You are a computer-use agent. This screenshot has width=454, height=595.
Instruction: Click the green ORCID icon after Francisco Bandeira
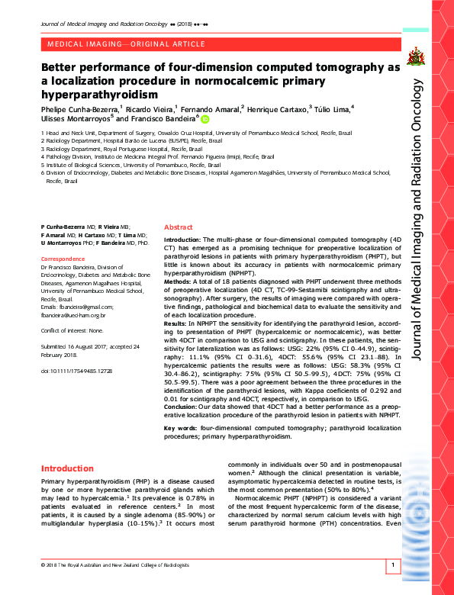(204, 119)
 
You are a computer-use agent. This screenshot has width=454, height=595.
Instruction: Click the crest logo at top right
(417, 55)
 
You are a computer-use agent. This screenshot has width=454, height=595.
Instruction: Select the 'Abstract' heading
(179, 227)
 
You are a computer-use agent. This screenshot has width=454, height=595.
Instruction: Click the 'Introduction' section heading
(67, 468)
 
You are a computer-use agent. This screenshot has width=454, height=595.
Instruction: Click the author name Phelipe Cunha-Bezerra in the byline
(79, 110)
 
